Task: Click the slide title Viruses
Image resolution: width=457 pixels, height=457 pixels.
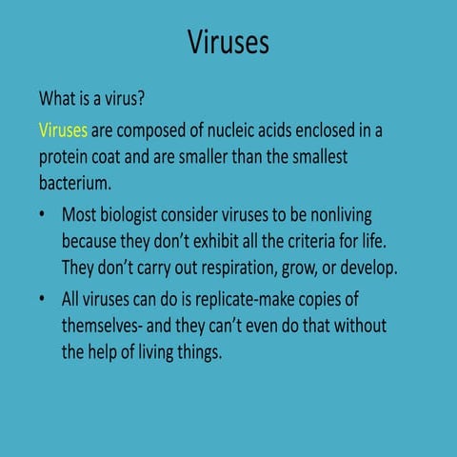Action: point(228,43)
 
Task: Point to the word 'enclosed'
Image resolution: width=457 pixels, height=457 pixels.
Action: point(321,129)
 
